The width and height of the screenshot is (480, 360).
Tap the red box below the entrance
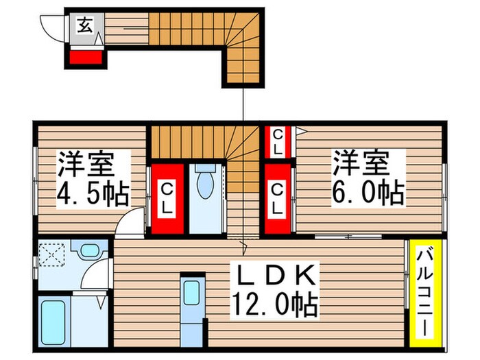[x=87, y=57]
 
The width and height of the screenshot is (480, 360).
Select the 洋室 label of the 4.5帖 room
[x=84, y=165]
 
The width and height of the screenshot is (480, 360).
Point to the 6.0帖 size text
[x=368, y=193]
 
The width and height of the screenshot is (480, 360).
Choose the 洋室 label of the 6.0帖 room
[x=361, y=163]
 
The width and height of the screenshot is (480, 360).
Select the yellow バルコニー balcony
[x=422, y=291]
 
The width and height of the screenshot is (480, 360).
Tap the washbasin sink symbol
[x=87, y=251]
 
